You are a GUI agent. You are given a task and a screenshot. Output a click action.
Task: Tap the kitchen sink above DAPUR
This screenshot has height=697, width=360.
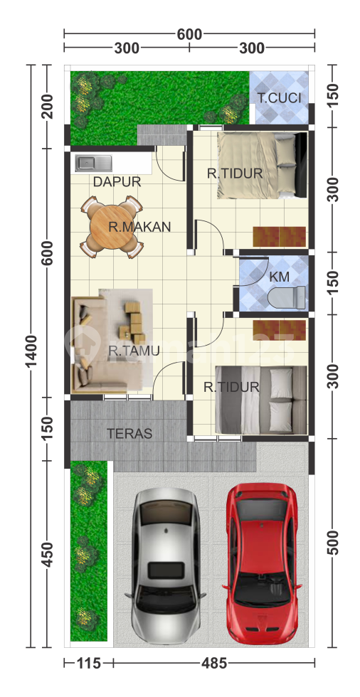(94, 163)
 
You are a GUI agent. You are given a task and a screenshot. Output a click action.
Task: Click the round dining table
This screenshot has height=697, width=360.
(111, 227)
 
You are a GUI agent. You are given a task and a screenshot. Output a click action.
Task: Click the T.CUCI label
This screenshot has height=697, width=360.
(279, 98)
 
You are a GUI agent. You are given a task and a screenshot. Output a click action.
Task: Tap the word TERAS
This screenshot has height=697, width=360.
(129, 433)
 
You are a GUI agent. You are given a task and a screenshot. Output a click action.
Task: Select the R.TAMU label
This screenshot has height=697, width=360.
(134, 351)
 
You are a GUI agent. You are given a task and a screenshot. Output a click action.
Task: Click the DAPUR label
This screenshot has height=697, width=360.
(117, 182)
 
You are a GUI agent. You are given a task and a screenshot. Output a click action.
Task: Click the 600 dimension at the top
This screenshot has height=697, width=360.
(189, 34)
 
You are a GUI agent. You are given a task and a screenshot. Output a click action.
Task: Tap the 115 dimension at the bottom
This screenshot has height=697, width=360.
(89, 664)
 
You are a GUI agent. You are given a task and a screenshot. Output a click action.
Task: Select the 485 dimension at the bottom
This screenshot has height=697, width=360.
(214, 664)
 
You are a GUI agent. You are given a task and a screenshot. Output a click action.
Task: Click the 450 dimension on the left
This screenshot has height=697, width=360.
(47, 554)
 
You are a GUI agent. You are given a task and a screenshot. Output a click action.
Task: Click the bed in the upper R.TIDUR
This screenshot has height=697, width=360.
(263, 165)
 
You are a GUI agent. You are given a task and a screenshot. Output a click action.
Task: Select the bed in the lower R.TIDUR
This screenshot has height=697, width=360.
(261, 400)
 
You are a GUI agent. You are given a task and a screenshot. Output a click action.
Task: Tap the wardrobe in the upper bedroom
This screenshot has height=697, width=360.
(280, 236)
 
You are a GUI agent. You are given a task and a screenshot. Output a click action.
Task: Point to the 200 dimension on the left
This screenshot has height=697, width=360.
(47, 106)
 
